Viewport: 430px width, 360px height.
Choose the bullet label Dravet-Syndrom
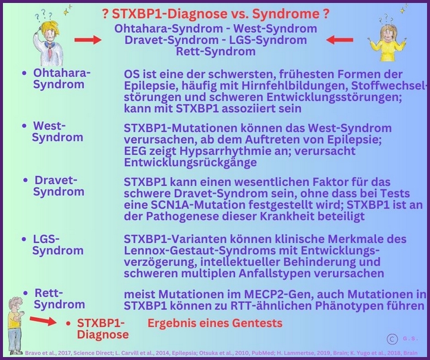click(58, 185)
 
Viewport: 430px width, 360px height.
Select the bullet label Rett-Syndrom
click(58, 299)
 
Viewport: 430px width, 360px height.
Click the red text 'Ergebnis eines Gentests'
click(215, 324)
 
